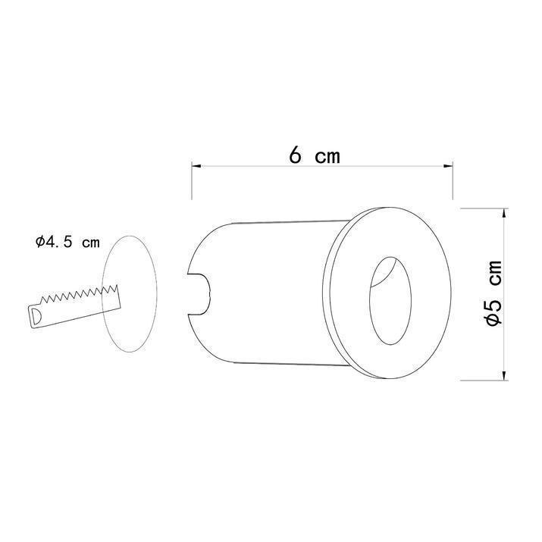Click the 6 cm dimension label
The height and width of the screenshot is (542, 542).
click(x=315, y=155)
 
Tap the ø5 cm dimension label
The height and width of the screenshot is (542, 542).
click(x=493, y=293)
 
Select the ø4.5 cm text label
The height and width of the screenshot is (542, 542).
click(x=67, y=242)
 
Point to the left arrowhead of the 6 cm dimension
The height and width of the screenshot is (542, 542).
click(x=196, y=166)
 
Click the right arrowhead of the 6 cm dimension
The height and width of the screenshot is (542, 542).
click(x=448, y=166)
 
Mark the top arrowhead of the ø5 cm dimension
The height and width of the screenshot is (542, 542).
click(x=504, y=213)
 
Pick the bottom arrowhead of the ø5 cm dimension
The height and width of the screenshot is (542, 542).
click(x=504, y=375)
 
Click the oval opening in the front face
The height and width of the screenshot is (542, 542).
click(x=390, y=301)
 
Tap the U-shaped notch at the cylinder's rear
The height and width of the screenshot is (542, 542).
click(x=199, y=294)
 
